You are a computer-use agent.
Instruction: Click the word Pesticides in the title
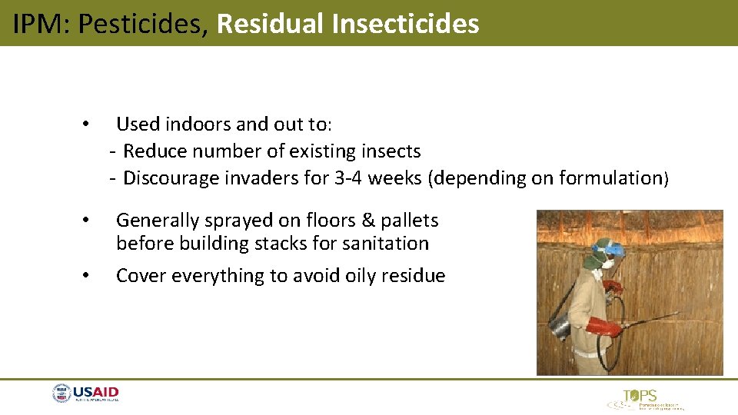pyautogui.click(x=144, y=24)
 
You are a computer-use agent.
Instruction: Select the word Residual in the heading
pyautogui.click(x=271, y=24)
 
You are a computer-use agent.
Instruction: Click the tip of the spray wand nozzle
pyautogui.click(x=677, y=313)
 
